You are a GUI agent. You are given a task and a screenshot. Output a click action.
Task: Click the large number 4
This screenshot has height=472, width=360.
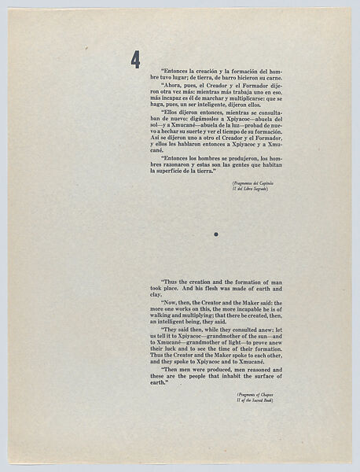coord(136,59)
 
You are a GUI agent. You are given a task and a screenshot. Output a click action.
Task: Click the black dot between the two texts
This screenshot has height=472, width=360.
coord(215,234)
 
